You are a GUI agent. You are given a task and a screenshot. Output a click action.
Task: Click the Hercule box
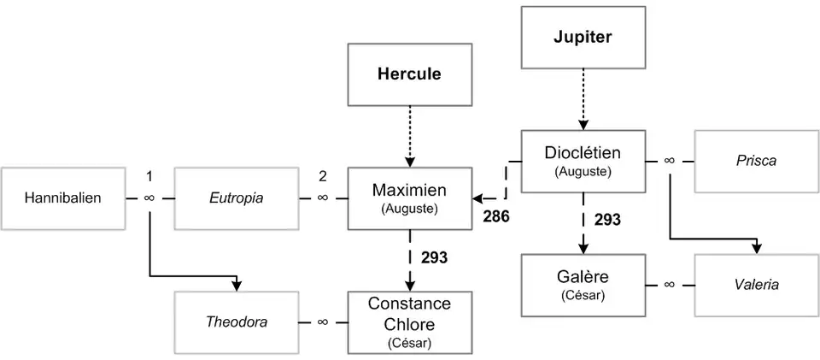[409, 74]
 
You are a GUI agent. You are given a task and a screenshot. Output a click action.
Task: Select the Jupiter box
[582, 38]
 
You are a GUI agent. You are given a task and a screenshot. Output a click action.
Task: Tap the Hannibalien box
[62, 198]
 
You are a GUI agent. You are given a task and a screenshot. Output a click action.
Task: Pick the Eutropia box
[237, 198]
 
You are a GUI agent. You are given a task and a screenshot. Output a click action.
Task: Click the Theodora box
[237, 322]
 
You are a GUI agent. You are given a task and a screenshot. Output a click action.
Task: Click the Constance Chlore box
[409, 322]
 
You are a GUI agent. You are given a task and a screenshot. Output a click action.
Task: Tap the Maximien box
[409, 198]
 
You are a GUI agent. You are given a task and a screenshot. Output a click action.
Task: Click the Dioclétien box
[582, 161]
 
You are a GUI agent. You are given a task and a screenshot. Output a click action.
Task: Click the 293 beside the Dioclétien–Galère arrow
[607, 221]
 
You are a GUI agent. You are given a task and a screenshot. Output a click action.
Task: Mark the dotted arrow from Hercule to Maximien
[409, 137]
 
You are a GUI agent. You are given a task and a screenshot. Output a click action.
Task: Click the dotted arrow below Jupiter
[582, 98]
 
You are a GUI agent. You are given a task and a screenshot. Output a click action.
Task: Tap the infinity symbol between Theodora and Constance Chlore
[323, 322]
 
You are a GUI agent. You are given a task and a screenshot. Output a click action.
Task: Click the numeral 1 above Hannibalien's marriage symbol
[149, 177]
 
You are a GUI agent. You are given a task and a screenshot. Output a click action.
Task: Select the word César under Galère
[582, 297]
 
